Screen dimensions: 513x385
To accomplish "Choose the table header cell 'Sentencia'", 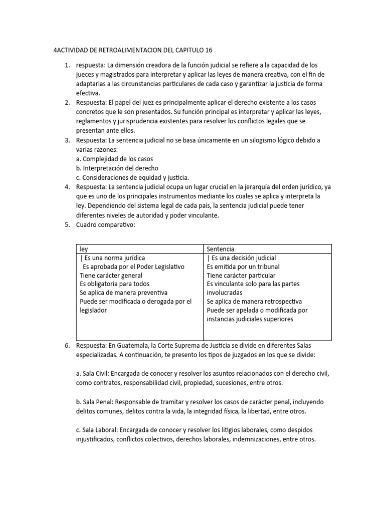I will pyautogui.click(x=221, y=249).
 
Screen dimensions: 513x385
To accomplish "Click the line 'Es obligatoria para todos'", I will pyautogui.click(x=114, y=284).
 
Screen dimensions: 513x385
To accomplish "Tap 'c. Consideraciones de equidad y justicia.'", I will pyautogui.click(x=132, y=177).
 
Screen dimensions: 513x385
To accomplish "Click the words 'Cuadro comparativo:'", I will pyautogui.click(x=106, y=224).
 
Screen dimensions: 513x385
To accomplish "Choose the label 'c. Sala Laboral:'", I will pyautogui.click(x=96, y=430).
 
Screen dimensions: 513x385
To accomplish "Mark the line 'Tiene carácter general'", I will pyautogui.click(x=111, y=276).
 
